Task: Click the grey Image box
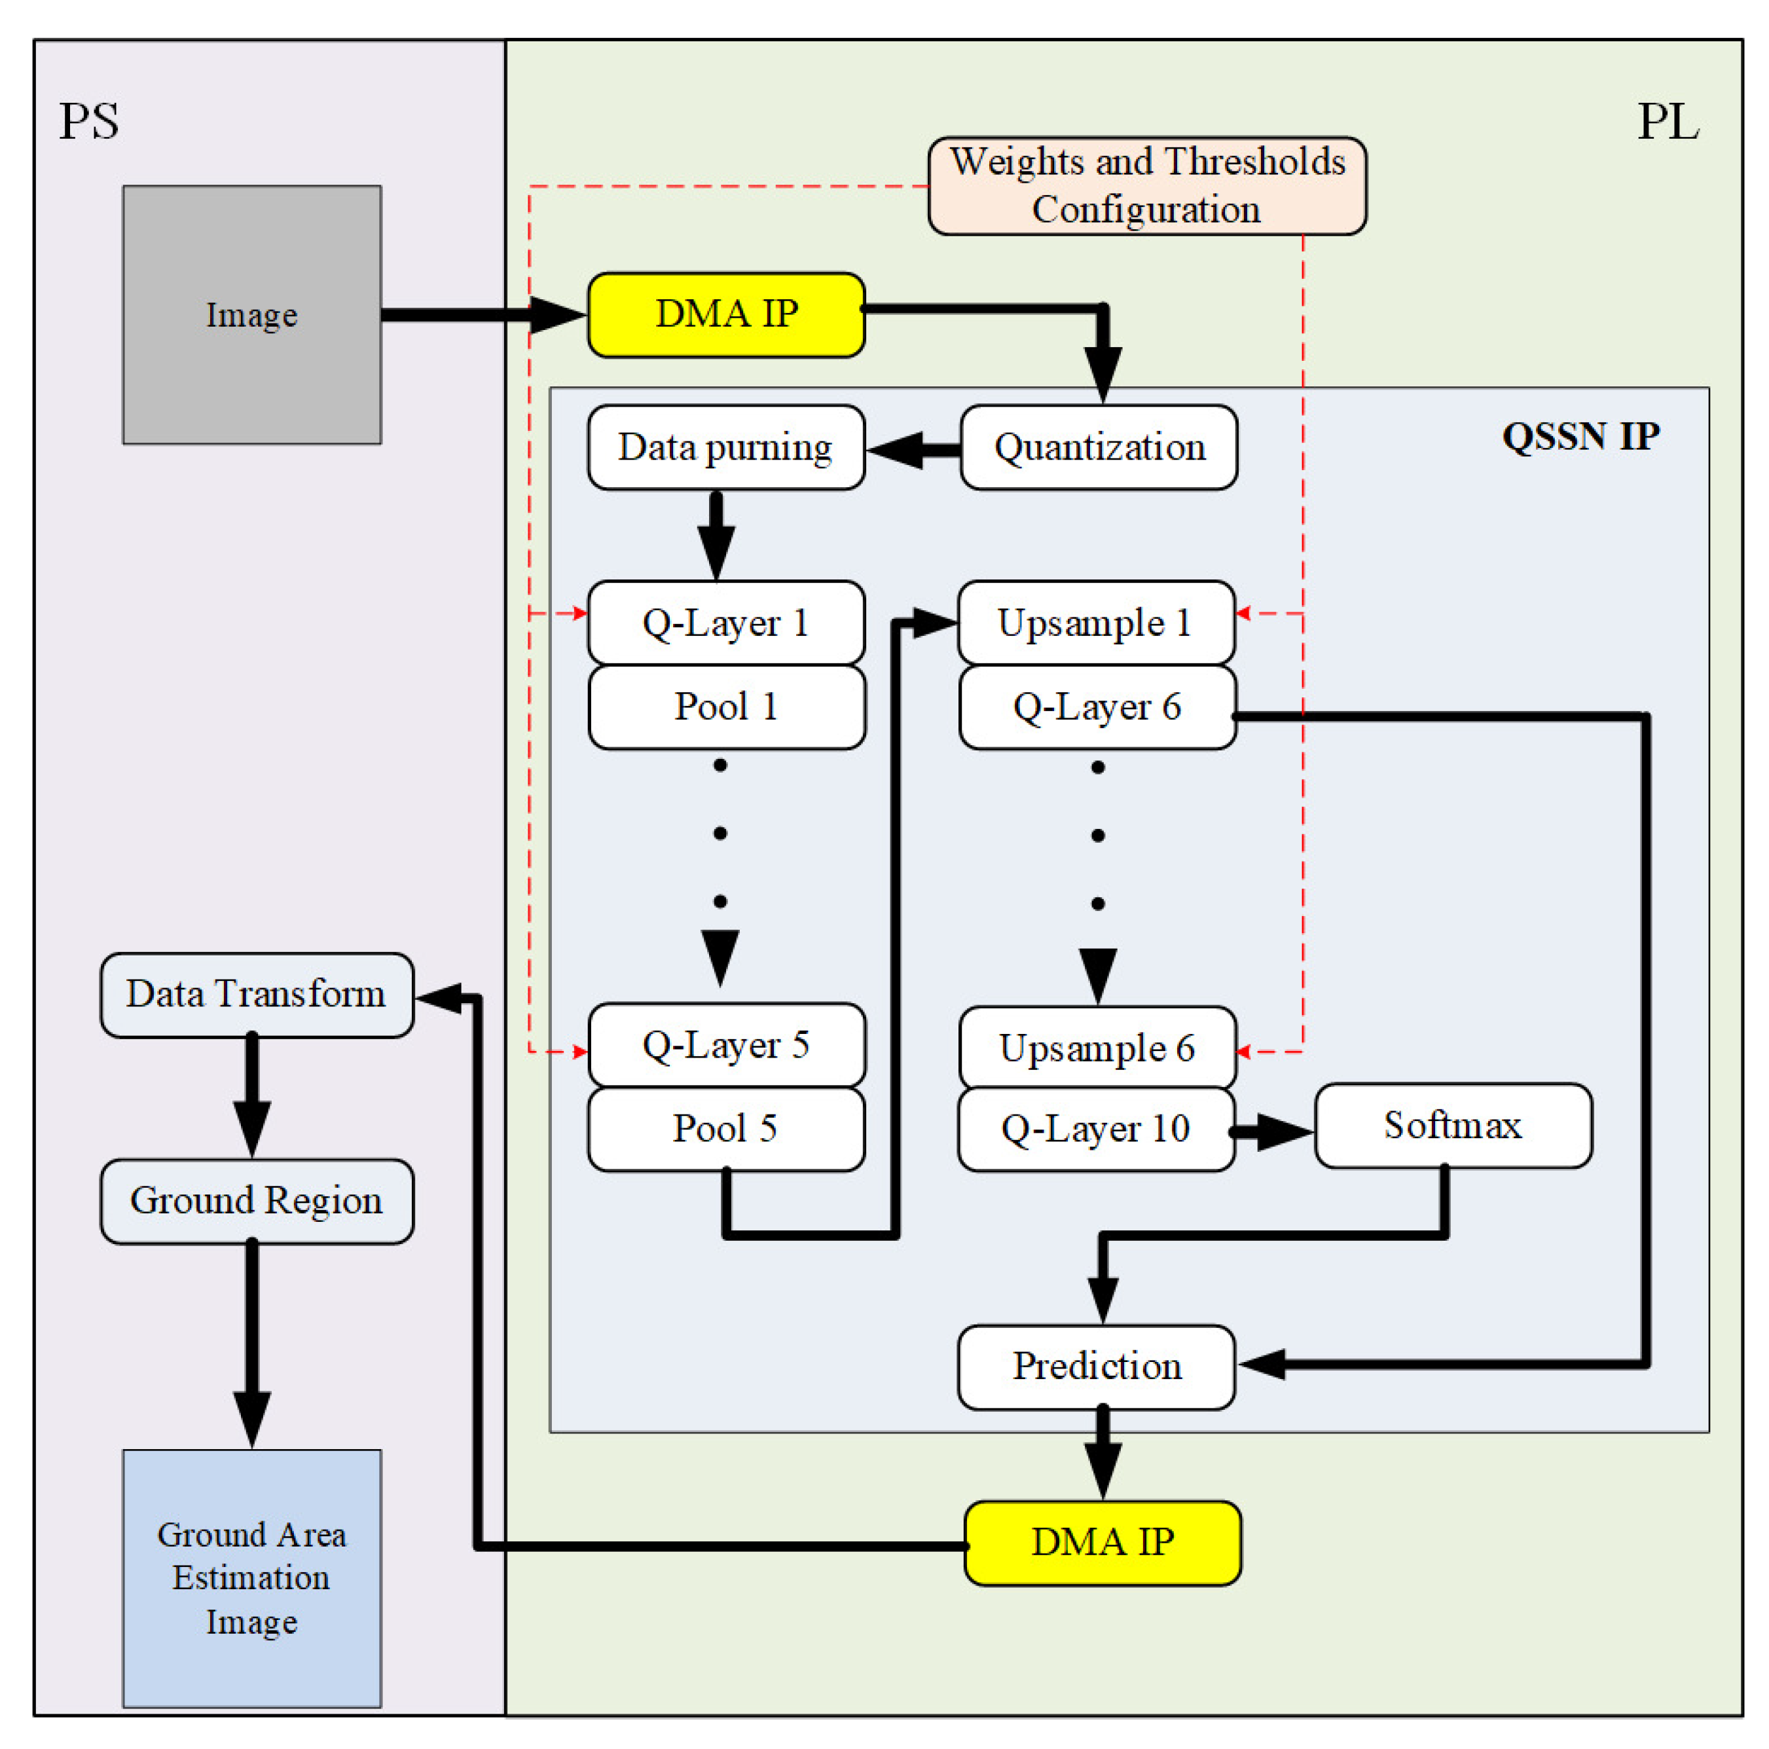[x=252, y=314]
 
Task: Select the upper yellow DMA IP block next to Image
[x=726, y=314]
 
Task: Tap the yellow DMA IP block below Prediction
[x=1103, y=1542]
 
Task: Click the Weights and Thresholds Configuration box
[x=1146, y=186]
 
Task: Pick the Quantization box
[x=1099, y=447]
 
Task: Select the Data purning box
[x=726, y=447]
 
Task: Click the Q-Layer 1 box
[x=726, y=623]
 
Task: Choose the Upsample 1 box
[x=1096, y=623]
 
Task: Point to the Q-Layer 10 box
[x=1096, y=1128]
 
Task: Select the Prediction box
[x=1096, y=1366]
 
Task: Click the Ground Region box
[x=257, y=1200]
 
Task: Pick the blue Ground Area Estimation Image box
[x=252, y=1577]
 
